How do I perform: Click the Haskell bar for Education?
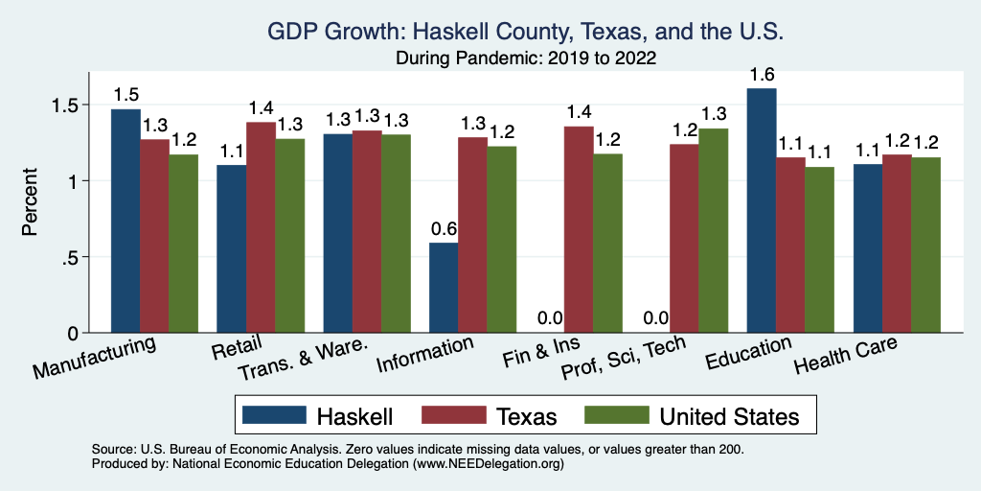762,211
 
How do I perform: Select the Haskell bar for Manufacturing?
125,221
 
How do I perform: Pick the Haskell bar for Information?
444,288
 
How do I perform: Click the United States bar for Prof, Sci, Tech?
713,230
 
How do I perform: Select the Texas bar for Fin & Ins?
578,229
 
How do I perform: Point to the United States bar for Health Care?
925,245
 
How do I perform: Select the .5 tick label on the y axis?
73,257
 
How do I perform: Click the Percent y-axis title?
30,203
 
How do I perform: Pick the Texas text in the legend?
526,416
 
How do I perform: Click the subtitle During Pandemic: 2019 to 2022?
526,58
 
